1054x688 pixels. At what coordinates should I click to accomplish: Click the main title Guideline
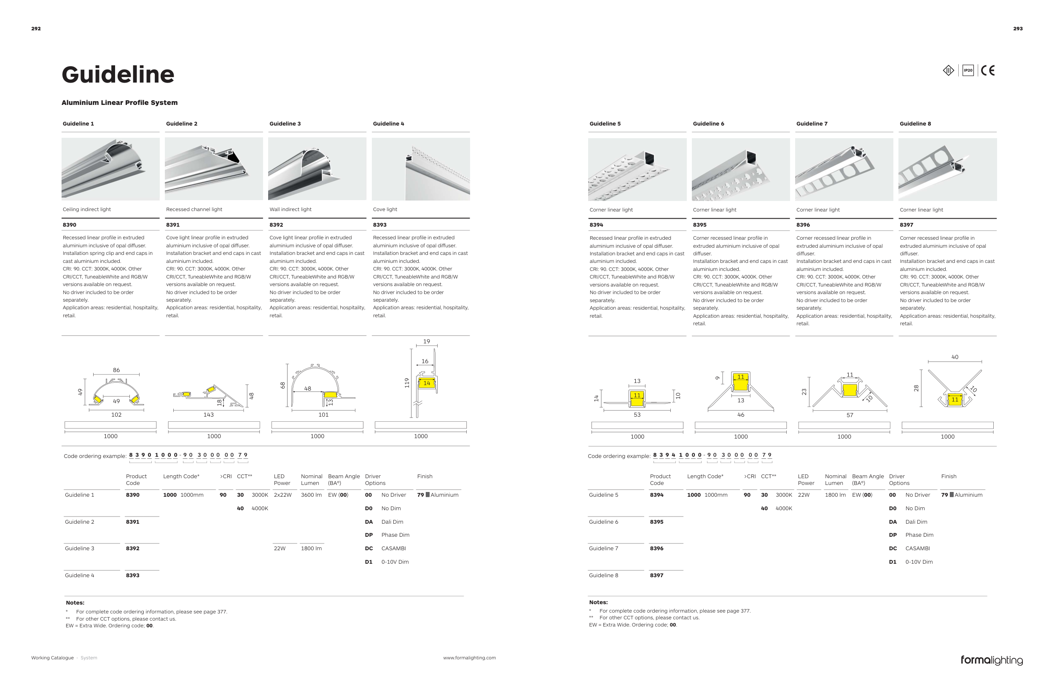click(x=118, y=74)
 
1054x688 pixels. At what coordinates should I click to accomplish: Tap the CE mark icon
click(x=987, y=70)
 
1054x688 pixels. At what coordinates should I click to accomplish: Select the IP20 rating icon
click(x=968, y=70)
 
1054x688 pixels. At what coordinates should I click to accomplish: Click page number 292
click(x=36, y=29)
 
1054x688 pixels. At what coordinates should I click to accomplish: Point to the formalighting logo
click(x=992, y=660)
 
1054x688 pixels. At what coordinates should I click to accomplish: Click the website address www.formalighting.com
click(x=469, y=658)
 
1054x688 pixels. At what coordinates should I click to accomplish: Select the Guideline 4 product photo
click(x=421, y=169)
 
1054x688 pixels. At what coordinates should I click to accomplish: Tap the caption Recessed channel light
click(x=194, y=209)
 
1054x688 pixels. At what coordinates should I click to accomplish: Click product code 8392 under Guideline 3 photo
click(x=276, y=225)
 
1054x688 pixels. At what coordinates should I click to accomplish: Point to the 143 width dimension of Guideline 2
click(x=208, y=415)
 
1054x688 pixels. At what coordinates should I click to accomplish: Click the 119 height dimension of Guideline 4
click(x=406, y=383)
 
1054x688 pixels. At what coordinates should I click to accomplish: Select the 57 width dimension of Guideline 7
click(x=850, y=415)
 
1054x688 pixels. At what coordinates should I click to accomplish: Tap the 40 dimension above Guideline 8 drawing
click(x=955, y=357)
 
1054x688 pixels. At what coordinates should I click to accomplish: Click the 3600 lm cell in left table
click(x=311, y=495)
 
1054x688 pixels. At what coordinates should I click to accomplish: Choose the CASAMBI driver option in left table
click(x=393, y=548)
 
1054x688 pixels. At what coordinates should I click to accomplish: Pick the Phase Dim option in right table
click(x=919, y=535)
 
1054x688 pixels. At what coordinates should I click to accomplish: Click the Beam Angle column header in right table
click(x=868, y=479)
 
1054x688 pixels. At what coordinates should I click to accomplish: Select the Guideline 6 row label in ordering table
click(x=603, y=522)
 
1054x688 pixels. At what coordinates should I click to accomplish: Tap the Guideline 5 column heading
click(x=605, y=124)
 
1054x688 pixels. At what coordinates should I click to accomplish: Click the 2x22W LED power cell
click(x=282, y=495)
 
